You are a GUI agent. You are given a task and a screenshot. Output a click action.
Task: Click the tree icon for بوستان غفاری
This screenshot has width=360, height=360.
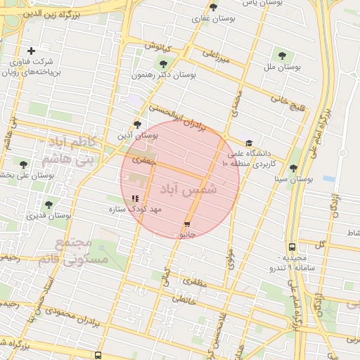coord(214,8)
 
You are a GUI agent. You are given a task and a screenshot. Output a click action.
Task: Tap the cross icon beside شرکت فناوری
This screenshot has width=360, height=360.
coord(31,51)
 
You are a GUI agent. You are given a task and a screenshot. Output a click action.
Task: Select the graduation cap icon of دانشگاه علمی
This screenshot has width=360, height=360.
coord(249,142)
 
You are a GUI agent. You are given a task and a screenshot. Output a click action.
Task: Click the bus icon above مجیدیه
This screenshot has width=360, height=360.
coord(292,247)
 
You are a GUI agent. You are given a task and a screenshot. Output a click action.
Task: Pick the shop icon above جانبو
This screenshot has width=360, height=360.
coord(186,224)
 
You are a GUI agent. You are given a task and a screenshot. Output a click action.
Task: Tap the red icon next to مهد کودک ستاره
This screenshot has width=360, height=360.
coord(135,198)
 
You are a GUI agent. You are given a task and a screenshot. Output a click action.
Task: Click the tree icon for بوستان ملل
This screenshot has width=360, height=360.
coord(282,54)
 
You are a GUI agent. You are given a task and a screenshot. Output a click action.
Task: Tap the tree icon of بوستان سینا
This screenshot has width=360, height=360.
coord(293,168)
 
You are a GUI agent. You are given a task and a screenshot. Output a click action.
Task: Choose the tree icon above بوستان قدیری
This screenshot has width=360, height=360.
coord(49,205)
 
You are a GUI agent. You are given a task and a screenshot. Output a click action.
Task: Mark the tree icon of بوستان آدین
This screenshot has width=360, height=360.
coord(137,124)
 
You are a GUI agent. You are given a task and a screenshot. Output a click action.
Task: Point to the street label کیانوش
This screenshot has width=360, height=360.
coord(158,47)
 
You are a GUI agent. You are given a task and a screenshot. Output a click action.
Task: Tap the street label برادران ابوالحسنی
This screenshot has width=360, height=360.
coord(179,117)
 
